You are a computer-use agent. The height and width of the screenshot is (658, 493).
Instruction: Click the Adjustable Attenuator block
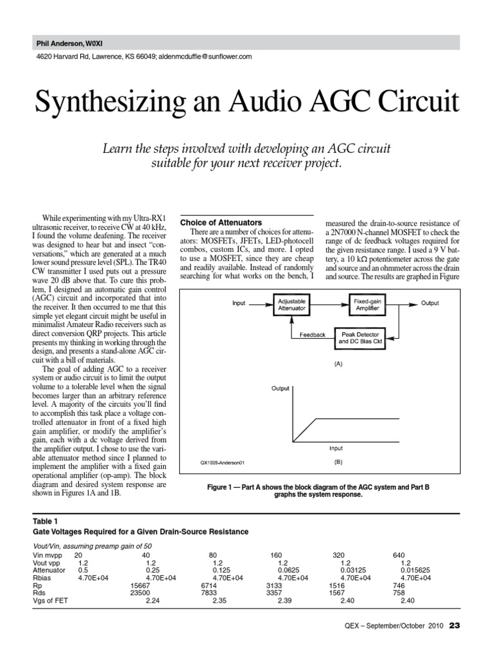pos(291,305)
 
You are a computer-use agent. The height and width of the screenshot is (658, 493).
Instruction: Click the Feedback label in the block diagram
pos(313,335)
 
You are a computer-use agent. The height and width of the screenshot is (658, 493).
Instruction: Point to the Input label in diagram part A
pos(239,303)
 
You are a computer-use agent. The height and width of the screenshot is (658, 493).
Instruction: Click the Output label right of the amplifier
pos(430,303)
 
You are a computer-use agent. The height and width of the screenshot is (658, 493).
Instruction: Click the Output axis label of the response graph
pos(281,389)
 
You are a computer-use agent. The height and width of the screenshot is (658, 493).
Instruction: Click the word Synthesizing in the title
pos(107,103)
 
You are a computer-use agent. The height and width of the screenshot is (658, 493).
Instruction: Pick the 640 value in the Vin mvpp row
pos(399,555)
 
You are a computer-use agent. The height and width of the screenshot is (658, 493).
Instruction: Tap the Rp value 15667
pos(140,585)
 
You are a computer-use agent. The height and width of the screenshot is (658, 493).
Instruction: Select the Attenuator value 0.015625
pos(415,570)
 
